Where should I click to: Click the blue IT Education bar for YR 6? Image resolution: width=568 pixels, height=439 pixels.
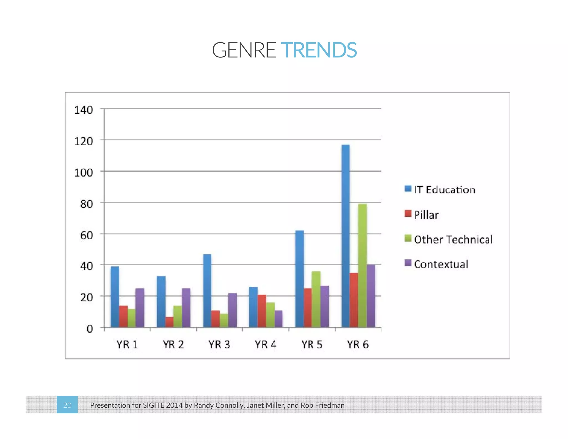(x=346, y=236)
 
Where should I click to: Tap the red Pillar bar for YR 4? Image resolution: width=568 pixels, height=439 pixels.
(x=262, y=311)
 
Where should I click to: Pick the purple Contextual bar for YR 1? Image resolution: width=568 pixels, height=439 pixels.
(x=140, y=308)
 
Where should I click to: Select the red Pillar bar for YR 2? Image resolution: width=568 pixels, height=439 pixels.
(x=169, y=322)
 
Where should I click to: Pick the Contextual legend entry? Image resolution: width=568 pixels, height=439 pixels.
(x=437, y=264)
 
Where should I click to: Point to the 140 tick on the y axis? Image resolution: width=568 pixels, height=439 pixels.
(x=83, y=110)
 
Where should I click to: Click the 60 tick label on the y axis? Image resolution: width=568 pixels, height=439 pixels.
(x=86, y=235)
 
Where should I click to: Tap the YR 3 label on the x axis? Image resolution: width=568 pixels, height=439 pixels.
(x=219, y=345)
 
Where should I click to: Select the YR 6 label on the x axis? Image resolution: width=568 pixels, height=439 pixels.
(x=358, y=345)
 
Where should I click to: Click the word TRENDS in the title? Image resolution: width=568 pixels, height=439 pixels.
(x=319, y=50)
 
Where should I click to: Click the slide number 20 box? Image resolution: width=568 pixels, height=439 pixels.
(x=67, y=405)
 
